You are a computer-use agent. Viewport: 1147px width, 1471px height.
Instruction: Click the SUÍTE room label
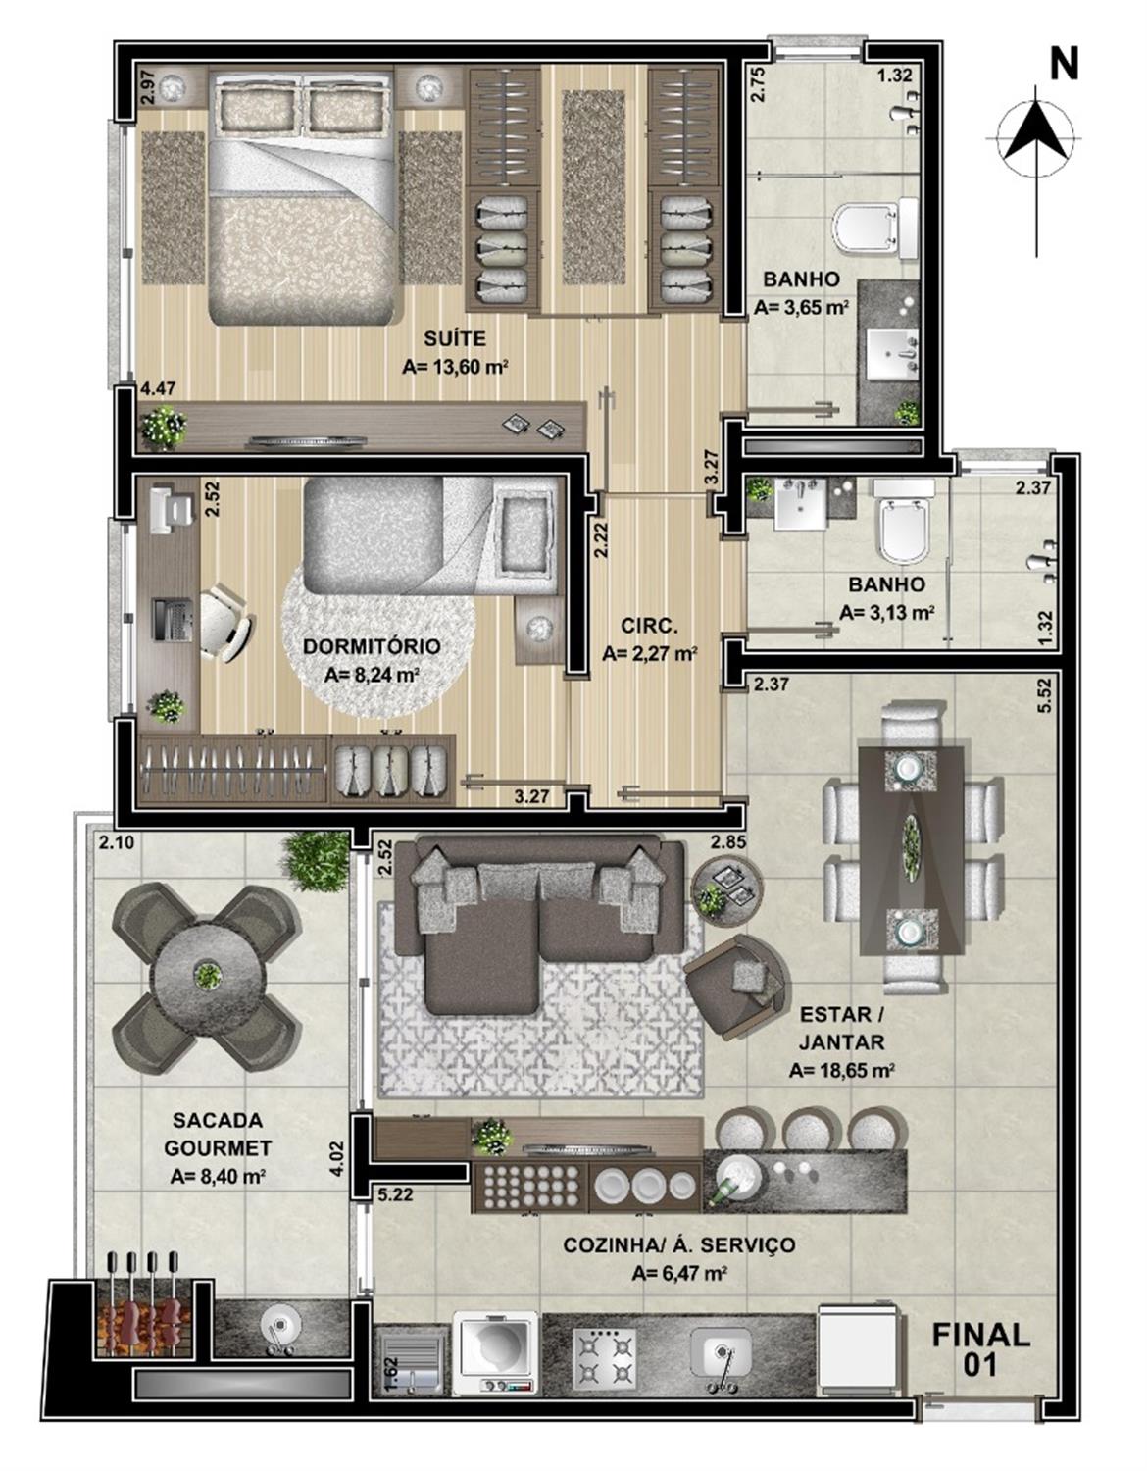(454, 337)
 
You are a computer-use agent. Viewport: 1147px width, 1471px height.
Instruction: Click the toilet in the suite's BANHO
(875, 228)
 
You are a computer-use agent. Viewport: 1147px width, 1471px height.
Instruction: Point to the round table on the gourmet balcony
(206, 976)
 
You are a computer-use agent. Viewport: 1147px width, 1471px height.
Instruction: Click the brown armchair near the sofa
(737, 982)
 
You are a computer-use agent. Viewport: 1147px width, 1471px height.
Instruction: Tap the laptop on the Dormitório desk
(171, 619)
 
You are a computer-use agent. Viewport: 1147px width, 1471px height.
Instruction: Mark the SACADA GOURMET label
(218, 1139)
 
